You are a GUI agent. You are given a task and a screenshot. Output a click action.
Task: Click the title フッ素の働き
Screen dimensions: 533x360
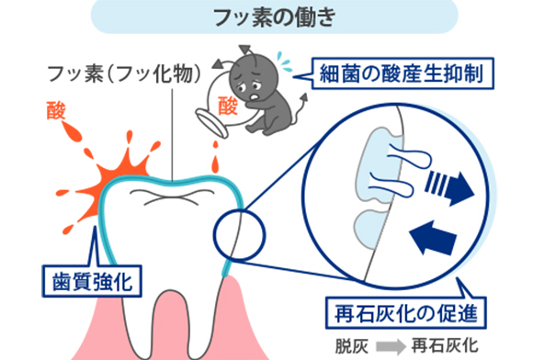275,17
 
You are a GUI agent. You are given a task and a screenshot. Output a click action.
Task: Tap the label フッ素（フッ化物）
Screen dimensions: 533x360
125,73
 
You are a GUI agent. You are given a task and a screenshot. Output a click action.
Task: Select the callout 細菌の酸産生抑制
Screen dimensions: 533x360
403,73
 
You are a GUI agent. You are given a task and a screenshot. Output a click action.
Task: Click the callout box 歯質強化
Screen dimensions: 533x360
92,281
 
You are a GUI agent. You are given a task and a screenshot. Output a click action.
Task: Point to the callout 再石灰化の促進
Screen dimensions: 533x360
406,313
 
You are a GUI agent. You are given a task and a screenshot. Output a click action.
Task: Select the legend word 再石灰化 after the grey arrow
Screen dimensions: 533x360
445,346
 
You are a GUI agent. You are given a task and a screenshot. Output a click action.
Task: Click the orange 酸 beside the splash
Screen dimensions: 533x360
56,110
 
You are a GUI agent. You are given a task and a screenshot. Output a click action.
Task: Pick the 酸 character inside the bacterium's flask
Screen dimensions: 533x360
227,106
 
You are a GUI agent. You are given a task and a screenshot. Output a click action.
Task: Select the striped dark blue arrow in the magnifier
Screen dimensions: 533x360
449,187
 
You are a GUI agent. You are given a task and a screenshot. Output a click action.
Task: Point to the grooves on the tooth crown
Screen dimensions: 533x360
172,197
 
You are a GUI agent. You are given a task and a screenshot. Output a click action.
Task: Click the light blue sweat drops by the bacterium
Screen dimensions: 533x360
284,62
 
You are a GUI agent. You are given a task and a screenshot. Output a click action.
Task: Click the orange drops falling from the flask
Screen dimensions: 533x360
215,157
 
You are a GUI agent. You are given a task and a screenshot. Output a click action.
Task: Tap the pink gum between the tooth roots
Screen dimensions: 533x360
170,322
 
